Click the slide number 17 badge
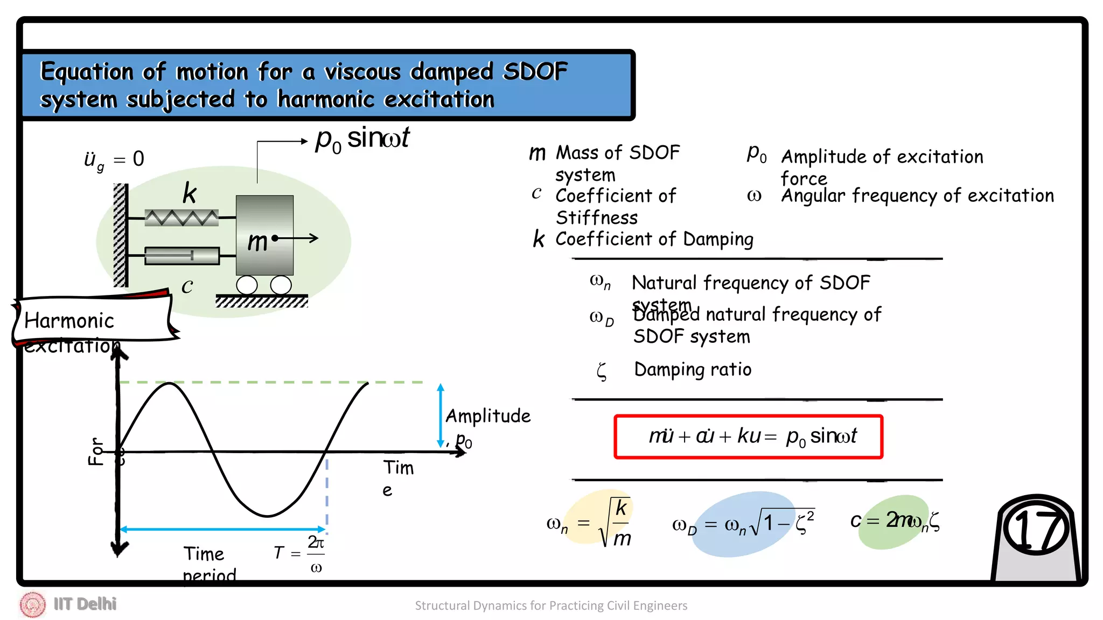pos(1036,530)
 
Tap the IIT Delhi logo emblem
pos(33,604)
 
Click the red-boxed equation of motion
pos(748,436)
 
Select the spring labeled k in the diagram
pos(181,217)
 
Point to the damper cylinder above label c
pos(182,256)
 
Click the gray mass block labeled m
pos(264,236)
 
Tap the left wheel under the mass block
pos(247,285)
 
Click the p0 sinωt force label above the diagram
pos(362,139)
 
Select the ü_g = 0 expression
pos(114,160)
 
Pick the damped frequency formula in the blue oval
pos(743,523)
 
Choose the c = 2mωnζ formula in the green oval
pos(895,521)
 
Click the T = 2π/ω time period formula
pos(299,553)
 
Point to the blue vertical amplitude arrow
pos(441,415)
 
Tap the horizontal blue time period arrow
pos(222,529)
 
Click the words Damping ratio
pos(692,370)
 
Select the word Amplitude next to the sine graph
pos(488,416)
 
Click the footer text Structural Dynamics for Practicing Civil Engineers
pos(551,605)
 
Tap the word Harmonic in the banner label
pos(69,321)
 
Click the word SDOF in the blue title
pos(535,72)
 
